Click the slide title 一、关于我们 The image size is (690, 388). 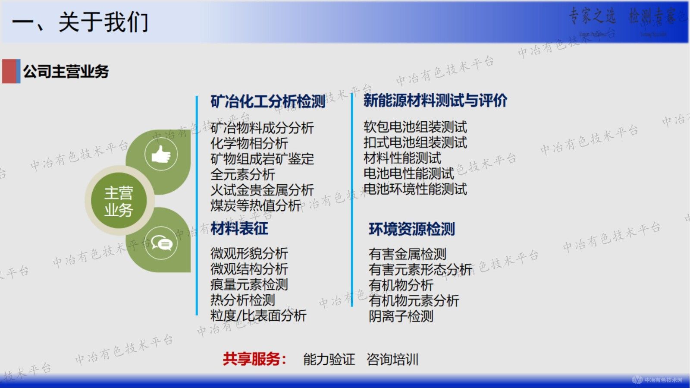pos(80,22)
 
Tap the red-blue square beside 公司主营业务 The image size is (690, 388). pos(11,71)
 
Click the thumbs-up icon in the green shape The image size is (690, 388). pos(161,155)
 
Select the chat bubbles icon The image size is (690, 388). pos(161,244)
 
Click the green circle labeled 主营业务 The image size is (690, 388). pos(119,201)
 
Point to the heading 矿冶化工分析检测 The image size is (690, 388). pos(268,101)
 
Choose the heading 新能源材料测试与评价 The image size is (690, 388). pos(435,101)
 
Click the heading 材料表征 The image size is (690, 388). pos(239,229)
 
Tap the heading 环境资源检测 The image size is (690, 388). pos(411,229)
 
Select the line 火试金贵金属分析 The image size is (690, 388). pos(262,190)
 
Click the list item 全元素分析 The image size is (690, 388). pos(242,174)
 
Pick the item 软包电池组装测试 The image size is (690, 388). pos(415,127)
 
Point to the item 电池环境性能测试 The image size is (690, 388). pos(415,189)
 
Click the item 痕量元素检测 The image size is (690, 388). pos(249,284)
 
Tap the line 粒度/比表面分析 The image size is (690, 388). pos(258,315)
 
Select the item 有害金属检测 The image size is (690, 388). pos(407,254)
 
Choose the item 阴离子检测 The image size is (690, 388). pos(401,316)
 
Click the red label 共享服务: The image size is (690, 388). pos(254,359)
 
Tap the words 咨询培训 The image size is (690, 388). pos(392,360)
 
